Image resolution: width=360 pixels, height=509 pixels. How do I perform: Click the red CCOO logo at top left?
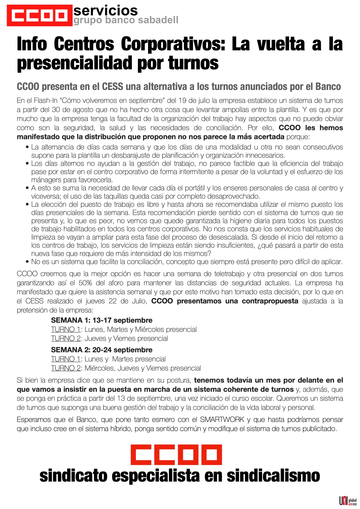coord(39,16)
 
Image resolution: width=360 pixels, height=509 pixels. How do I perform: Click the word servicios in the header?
coord(105,11)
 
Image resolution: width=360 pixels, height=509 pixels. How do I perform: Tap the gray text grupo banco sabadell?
coord(126,20)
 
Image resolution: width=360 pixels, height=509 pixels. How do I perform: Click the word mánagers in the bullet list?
coord(46,180)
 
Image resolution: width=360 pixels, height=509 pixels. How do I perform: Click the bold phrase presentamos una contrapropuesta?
coord(237,301)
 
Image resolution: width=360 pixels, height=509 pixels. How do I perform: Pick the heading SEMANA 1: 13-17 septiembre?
coord(102,320)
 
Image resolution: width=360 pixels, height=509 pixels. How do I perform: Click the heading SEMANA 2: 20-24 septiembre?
coord(102,350)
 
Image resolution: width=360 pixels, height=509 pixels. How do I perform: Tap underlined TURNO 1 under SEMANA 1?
coord(66,329)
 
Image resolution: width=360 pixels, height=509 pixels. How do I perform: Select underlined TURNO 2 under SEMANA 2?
coord(66,368)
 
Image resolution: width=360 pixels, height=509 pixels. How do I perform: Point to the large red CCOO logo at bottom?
coord(176,455)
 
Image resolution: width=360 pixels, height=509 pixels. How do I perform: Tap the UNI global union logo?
coord(348,501)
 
